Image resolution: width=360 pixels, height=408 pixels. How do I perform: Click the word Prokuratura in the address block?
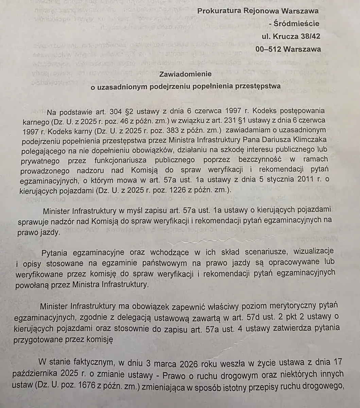coord(218,11)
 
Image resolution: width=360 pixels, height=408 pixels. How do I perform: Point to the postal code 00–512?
coord(268,49)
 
